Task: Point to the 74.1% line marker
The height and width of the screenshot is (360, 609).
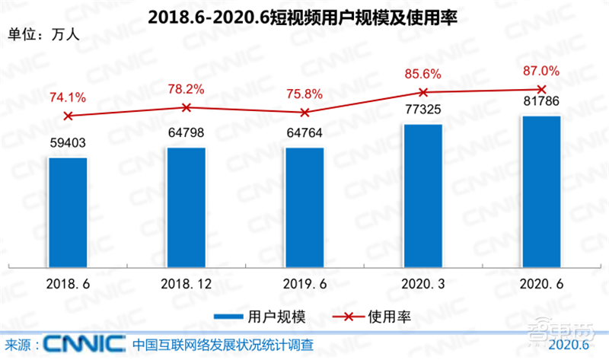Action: tap(68, 116)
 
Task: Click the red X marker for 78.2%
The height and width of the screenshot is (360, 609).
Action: tap(186, 107)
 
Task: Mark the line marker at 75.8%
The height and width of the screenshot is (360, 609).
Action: tap(304, 113)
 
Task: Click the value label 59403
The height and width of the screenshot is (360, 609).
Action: tap(68, 145)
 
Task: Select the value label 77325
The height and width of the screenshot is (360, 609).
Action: tap(422, 111)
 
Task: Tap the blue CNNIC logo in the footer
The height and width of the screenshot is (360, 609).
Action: tap(84, 344)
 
